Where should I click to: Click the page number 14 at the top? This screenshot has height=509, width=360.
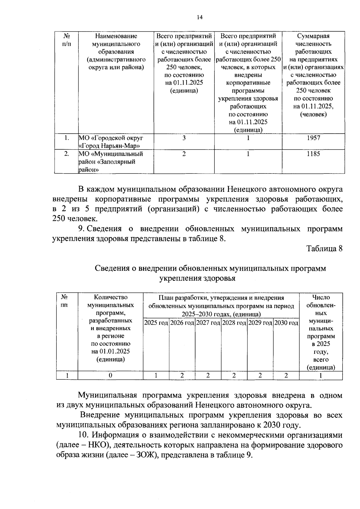click(199, 17)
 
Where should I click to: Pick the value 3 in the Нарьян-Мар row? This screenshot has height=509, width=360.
click(184, 138)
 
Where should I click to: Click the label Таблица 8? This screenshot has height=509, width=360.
click(324, 249)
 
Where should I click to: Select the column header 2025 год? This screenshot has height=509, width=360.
click(156, 323)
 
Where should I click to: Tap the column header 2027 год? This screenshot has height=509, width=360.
click(208, 323)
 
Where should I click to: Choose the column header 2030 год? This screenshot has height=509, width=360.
click(286, 323)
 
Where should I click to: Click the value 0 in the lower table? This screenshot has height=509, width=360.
click(110, 375)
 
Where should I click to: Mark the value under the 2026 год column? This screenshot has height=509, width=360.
click(182, 375)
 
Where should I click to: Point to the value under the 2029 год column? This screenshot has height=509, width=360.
click(260, 375)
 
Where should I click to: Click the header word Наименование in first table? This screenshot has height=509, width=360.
click(116, 36)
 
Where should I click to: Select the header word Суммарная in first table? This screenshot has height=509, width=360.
click(313, 36)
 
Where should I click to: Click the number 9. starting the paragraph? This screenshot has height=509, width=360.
click(82, 229)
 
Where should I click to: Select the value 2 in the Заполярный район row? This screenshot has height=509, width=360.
click(184, 154)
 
